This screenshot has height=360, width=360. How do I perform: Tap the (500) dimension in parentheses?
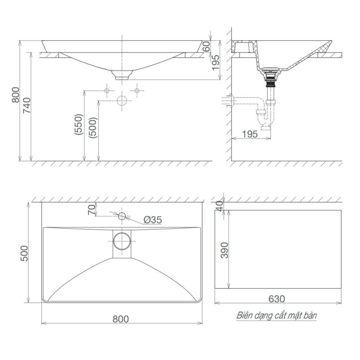(x=93, y=127)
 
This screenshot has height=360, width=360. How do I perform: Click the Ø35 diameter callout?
(x=153, y=219)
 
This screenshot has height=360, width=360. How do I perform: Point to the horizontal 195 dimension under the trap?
(x=250, y=135)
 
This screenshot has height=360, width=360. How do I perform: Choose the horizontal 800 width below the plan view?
(x=121, y=319)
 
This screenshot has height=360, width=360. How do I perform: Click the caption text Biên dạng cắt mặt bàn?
(x=277, y=315)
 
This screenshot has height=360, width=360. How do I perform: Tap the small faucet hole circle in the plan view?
(x=121, y=216)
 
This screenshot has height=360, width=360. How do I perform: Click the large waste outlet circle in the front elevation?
(x=122, y=100)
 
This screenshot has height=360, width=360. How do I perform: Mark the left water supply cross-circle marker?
(x=107, y=90)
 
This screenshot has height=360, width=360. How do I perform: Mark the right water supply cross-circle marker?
(x=137, y=90)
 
